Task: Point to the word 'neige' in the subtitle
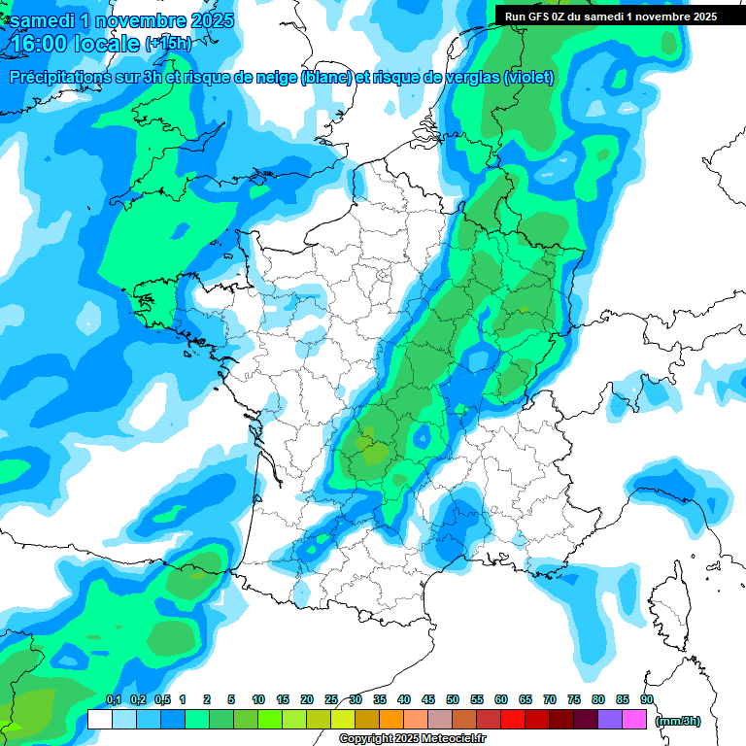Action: point(275,78)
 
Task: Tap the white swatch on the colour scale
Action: point(99,719)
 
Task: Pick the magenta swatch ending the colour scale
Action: point(634,719)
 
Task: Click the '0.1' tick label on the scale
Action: point(113,699)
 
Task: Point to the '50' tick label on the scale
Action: point(453,699)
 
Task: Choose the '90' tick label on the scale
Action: point(647,699)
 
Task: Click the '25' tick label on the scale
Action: point(331,699)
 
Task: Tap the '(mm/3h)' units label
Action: point(678,720)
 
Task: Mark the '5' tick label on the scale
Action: point(231,699)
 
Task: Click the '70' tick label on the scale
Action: point(550,699)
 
